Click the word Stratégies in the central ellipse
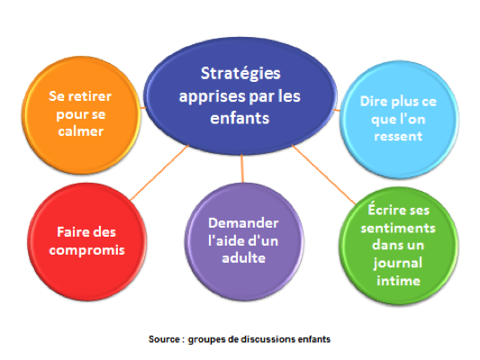coord(240,74)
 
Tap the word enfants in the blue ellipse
coord(240,118)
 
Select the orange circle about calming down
coord(81,114)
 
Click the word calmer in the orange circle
coord(81,131)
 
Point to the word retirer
coord(89,96)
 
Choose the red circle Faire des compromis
coord(86,241)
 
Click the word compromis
coord(87,250)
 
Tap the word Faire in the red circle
coord(68,232)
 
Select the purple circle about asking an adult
coord(244,241)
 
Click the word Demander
coord(243,223)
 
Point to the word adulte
coord(244,258)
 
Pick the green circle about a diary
coord(398,246)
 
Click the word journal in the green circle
coord(398,264)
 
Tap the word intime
coord(398,281)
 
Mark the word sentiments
coord(398,229)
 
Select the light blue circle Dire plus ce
coord(399,120)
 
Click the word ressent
coord(398,136)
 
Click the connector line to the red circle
coord(159,173)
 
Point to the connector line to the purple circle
coord(242,168)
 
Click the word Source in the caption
coord(164,339)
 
